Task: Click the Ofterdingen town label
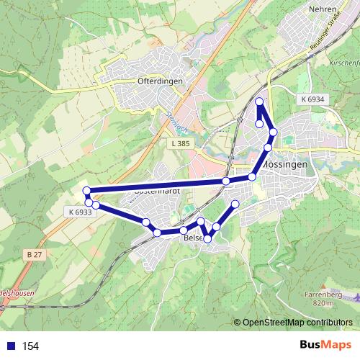[160, 81]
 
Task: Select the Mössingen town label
[287, 164]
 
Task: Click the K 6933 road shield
[81, 212]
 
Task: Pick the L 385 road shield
[181, 144]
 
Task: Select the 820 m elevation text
[325, 304]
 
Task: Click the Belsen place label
[194, 237]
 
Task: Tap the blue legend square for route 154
[10, 346]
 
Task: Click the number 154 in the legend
[31, 346]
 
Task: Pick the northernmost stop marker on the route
[259, 102]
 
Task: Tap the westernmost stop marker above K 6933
[86, 191]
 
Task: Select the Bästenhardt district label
[157, 193]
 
